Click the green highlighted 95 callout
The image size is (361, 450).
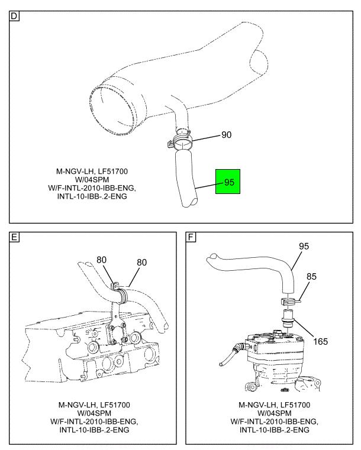click(228, 182)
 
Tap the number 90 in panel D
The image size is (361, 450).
click(226, 135)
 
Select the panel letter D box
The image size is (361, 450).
click(14, 16)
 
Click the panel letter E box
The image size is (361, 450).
click(14, 237)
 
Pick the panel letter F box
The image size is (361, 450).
click(191, 237)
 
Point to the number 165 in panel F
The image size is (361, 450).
click(320, 342)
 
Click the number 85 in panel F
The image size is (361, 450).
click(311, 276)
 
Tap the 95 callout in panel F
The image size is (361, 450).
click(304, 246)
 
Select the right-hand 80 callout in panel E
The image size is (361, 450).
click(141, 263)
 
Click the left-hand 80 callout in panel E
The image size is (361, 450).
click(101, 260)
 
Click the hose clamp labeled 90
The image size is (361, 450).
click(179, 141)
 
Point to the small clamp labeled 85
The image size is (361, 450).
click(289, 302)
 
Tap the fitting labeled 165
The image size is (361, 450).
click(288, 319)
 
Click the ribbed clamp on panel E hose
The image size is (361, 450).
click(122, 296)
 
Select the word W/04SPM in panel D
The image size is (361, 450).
click(92, 180)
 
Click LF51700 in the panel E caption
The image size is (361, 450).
click(114, 404)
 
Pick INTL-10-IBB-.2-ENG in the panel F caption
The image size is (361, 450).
click(274, 430)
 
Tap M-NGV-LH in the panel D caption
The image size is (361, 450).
click(75, 171)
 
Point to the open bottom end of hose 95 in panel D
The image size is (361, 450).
click(190, 202)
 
